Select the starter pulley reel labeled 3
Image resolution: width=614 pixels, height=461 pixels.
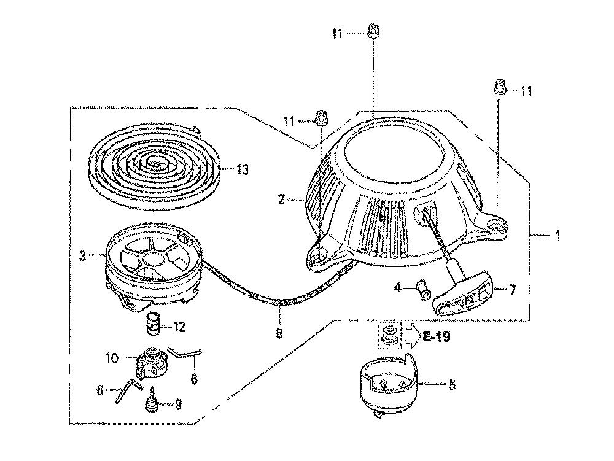153,269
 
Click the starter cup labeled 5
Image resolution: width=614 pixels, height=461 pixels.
387,384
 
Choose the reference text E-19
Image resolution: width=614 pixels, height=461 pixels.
437,336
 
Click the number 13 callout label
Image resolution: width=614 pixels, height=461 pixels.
243,169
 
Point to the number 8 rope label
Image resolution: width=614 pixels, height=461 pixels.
279,333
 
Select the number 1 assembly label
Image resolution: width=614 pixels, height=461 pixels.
557,236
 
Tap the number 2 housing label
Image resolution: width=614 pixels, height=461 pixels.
281,199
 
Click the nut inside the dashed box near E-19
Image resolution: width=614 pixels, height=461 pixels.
389,335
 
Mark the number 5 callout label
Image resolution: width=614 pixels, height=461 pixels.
453,385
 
